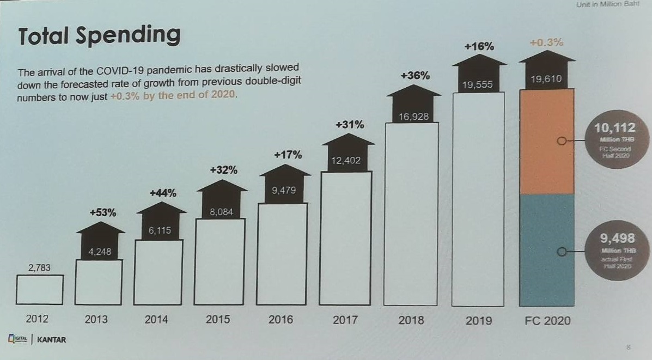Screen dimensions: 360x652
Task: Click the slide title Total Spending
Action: (99, 35)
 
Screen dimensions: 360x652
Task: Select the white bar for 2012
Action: (40, 289)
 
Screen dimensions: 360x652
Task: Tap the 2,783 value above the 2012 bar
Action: (39, 267)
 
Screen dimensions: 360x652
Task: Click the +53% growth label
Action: (102, 212)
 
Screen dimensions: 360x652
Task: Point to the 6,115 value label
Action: (160, 230)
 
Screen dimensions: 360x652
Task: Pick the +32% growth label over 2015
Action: (223, 170)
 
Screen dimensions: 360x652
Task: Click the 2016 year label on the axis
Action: (281, 319)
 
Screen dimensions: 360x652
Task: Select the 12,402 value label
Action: (346, 161)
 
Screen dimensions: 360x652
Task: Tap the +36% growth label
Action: (415, 76)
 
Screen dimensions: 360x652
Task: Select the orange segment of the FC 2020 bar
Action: (547, 142)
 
